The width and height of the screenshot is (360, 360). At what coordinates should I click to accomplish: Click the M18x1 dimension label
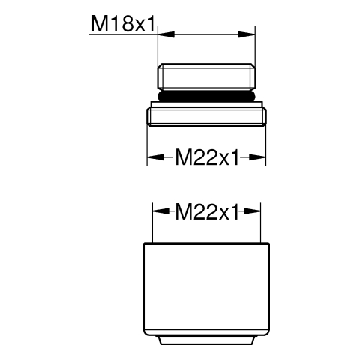pos(124,24)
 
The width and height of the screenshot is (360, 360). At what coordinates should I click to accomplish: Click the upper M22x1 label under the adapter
pos(207,157)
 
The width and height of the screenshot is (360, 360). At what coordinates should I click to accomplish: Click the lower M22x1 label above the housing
pos(207,211)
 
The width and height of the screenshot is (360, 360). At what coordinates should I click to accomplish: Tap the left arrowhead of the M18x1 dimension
pos(166,34)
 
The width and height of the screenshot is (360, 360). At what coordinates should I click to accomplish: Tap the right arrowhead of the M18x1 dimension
pos(247,34)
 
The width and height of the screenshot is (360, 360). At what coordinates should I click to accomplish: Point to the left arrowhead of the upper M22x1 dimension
pos(155,157)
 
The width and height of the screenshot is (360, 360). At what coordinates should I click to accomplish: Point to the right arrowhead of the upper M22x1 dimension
pos(257,157)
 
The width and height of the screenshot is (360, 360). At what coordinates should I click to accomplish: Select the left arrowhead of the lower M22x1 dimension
pos(160,211)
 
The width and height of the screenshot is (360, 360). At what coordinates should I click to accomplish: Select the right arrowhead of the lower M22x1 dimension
pos(252,211)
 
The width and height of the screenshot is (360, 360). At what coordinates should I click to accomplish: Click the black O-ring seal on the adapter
pos(206,96)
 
